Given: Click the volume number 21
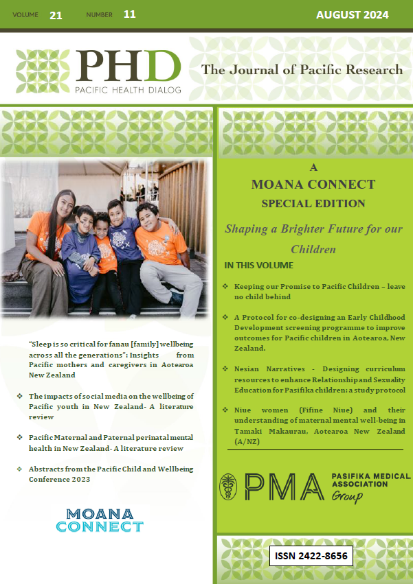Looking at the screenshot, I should pyautogui.click(x=56, y=15).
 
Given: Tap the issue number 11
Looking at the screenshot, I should pyautogui.click(x=130, y=14).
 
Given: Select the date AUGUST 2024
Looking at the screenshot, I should pyautogui.click(x=352, y=15).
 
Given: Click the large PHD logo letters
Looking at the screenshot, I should pyautogui.click(x=128, y=66).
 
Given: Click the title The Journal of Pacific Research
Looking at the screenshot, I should pyautogui.click(x=302, y=70).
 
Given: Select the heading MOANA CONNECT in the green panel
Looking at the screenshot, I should pyautogui.click(x=313, y=185).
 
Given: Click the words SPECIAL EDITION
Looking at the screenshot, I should pyautogui.click(x=313, y=203).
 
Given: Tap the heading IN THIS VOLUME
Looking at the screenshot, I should pyautogui.click(x=258, y=265).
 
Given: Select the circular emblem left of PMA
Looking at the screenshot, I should pyautogui.click(x=229, y=486).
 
